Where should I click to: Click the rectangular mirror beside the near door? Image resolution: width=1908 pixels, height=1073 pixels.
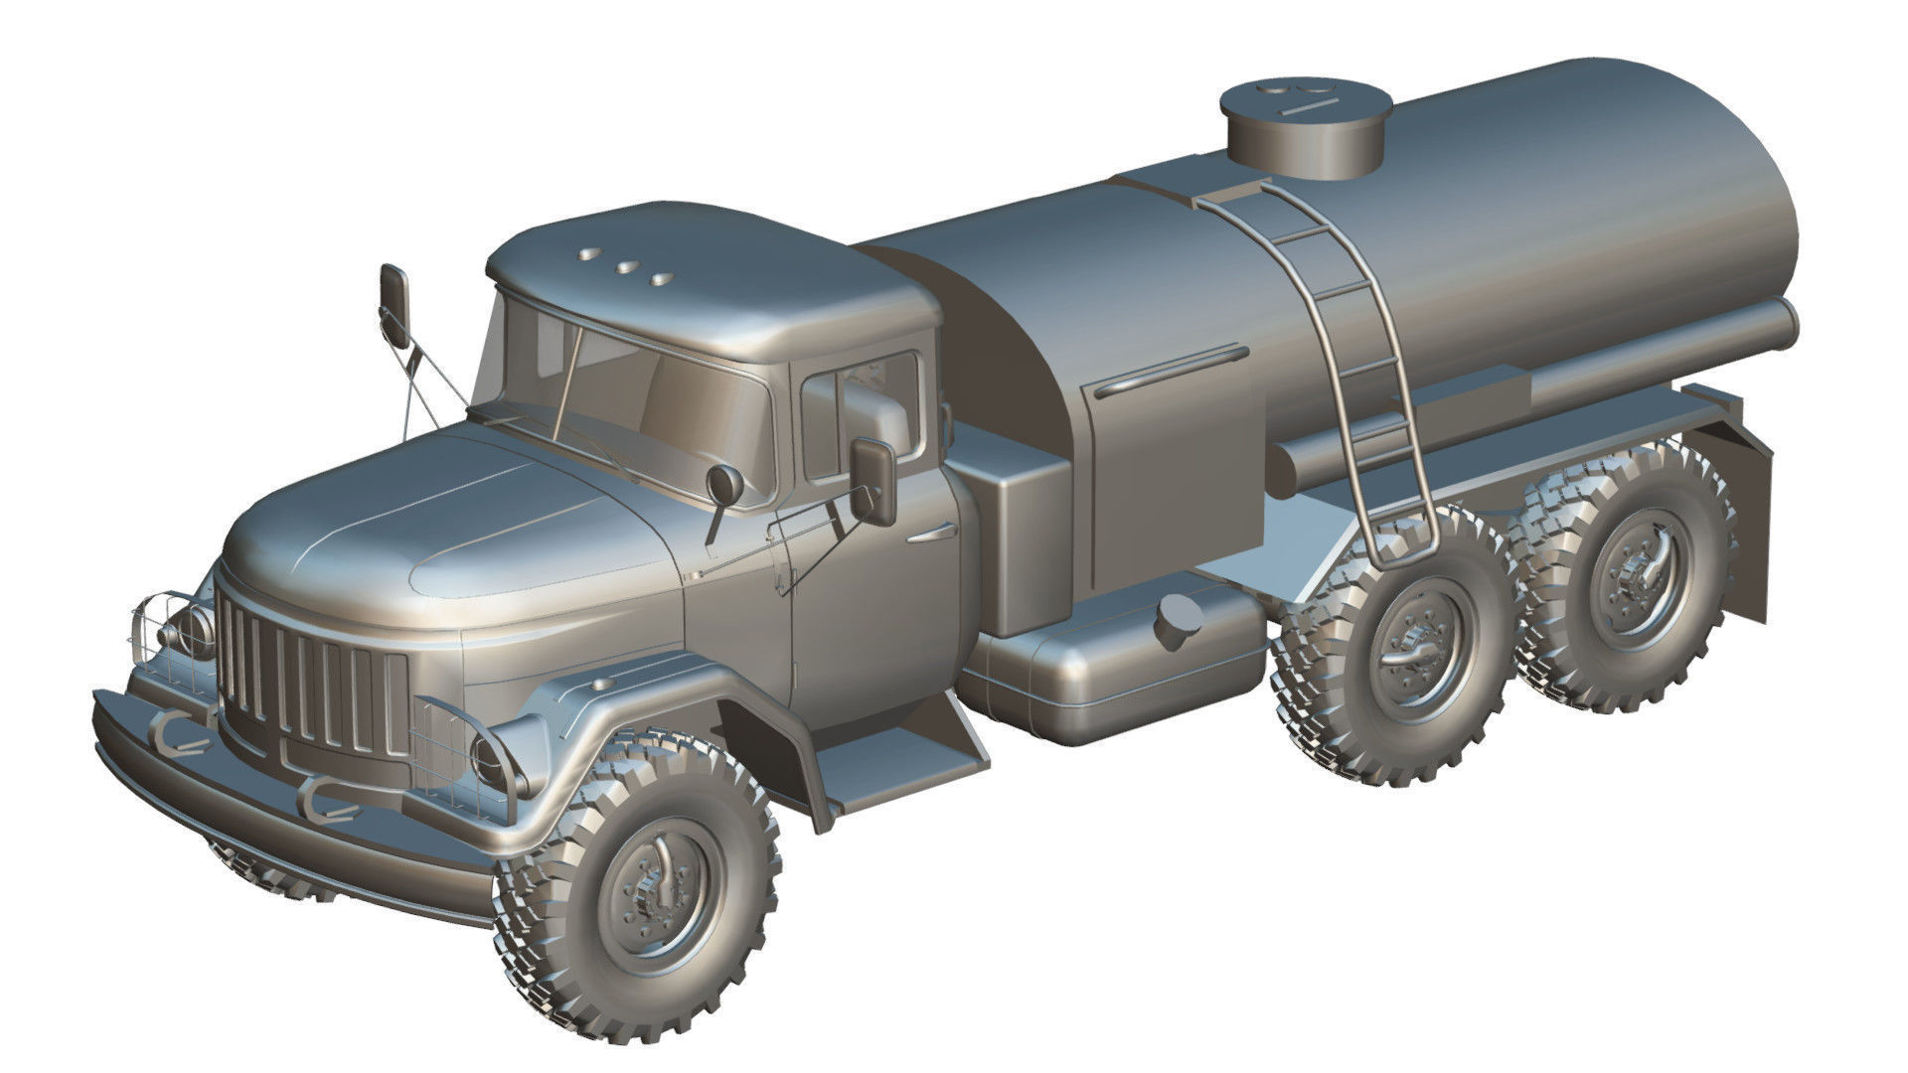click(873, 480)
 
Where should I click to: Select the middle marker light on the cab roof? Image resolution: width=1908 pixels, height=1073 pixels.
click(627, 266)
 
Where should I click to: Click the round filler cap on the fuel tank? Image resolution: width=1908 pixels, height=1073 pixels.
click(1179, 621)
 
